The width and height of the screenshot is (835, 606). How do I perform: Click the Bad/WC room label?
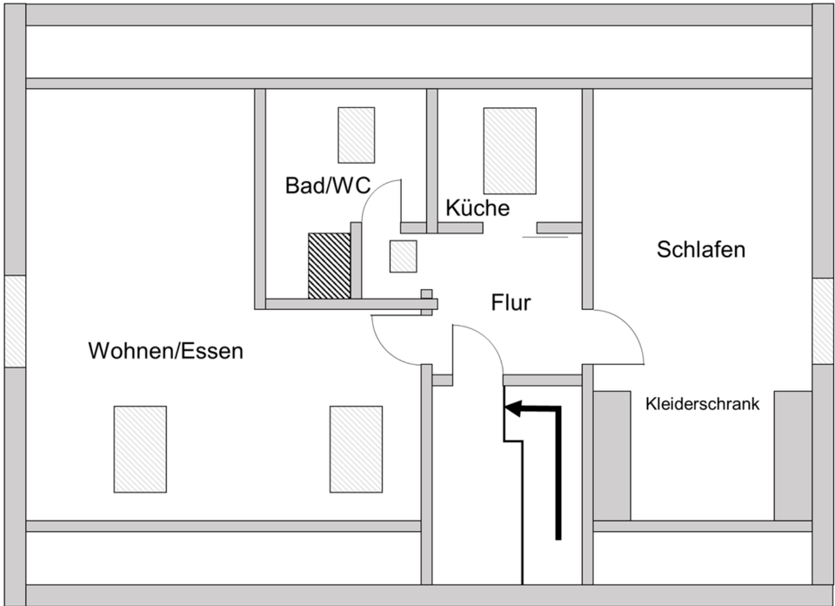tap(328, 185)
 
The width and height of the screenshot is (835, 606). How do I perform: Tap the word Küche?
tap(478, 208)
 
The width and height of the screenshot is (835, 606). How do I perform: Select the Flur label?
tap(511, 303)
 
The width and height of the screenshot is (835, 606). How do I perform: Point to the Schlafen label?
tap(701, 249)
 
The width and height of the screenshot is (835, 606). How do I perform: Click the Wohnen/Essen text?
tap(165, 351)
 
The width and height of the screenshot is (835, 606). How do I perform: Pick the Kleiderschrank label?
tap(703, 404)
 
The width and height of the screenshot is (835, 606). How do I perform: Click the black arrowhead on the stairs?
tap(512, 409)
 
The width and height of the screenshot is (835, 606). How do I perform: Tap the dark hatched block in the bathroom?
tap(329, 266)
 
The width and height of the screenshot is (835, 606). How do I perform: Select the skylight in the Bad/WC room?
tap(357, 135)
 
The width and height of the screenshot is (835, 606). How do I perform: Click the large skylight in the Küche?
tap(510, 151)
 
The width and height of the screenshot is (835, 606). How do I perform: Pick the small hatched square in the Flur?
tap(403, 256)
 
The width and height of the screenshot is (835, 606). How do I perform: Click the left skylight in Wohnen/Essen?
tap(140, 449)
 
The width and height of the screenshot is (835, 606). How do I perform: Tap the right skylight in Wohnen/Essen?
tap(356, 449)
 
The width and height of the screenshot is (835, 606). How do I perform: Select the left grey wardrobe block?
tap(611, 455)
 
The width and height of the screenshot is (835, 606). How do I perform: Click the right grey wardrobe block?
tap(793, 455)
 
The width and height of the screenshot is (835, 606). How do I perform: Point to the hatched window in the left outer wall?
tap(15, 321)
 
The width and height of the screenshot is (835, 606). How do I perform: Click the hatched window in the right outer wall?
tap(824, 321)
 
